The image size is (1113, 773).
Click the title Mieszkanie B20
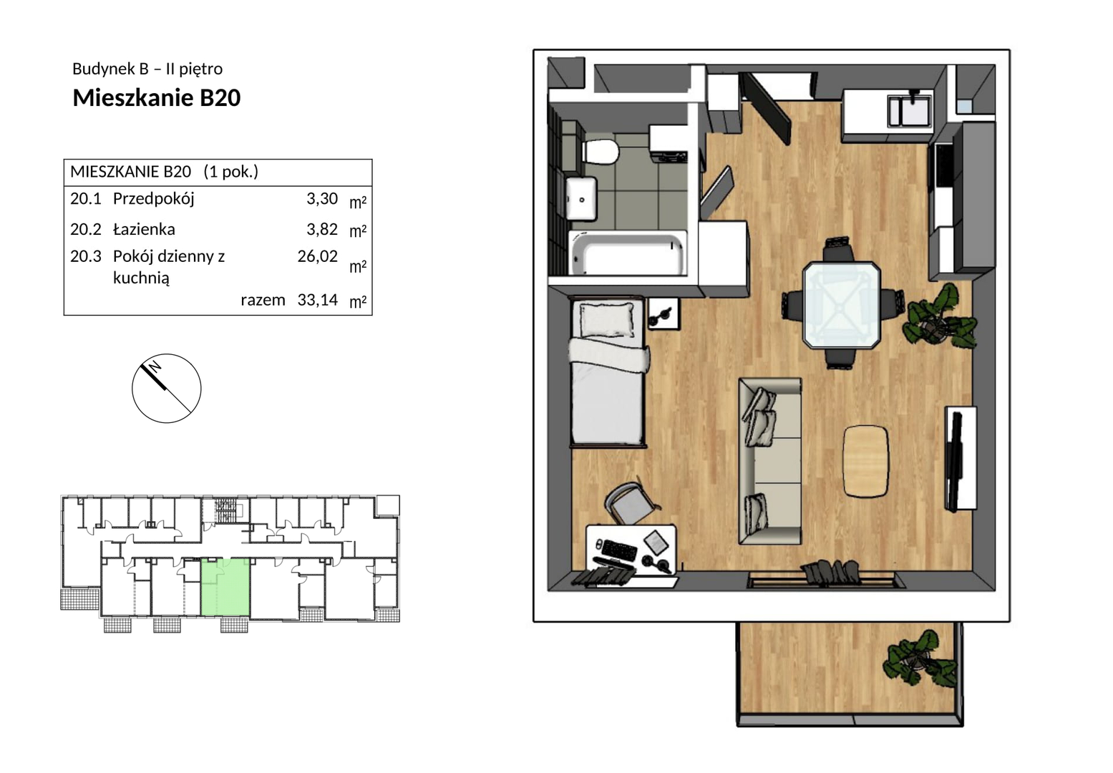click(x=157, y=98)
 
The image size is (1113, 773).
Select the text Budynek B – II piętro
click(x=147, y=69)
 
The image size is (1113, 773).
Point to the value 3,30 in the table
click(x=322, y=199)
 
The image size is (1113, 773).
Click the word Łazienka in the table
click(x=144, y=229)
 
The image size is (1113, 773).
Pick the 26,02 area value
click(x=318, y=256)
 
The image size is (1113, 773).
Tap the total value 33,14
click(x=318, y=300)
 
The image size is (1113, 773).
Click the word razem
click(x=263, y=301)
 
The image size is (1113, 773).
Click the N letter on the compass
click(x=155, y=367)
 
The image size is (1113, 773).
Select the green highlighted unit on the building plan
click(x=225, y=587)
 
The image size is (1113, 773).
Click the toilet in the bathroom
click(x=600, y=152)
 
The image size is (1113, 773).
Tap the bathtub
click(x=628, y=253)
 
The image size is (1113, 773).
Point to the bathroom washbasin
click(x=581, y=199)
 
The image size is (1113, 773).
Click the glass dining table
click(x=842, y=306)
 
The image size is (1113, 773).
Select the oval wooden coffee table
click(x=866, y=461)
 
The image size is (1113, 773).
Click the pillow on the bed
click(x=607, y=320)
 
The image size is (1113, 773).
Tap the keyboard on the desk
click(x=619, y=550)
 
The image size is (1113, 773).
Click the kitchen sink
click(x=909, y=110)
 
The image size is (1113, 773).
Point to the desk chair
click(x=631, y=503)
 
